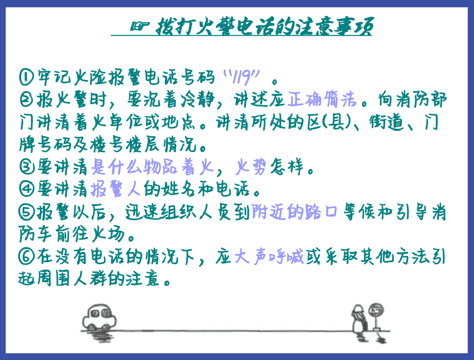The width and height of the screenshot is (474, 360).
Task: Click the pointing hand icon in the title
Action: (139, 26)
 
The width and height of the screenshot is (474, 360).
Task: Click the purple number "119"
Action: (241, 77)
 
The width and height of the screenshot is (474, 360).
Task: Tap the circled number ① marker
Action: (27, 77)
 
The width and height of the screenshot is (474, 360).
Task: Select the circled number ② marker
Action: (26, 99)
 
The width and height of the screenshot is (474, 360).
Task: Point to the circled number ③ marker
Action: (27, 167)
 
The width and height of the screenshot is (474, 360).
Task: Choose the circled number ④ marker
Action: (27, 189)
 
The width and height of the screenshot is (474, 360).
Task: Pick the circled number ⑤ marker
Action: (27, 212)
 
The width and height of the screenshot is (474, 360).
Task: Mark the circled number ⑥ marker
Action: (27, 257)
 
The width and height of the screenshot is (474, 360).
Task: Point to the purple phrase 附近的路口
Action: (294, 211)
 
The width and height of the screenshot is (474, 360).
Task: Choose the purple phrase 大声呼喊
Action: (269, 257)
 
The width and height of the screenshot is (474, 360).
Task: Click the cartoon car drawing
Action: (99, 317)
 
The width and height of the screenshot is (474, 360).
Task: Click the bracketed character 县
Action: (336, 122)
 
